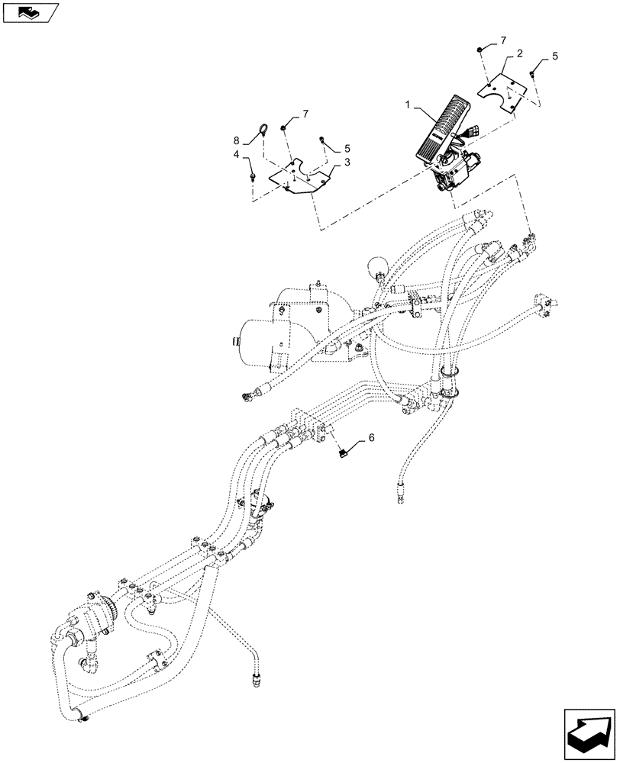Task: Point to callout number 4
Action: (237, 154)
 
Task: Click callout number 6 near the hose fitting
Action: (371, 438)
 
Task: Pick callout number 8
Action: (237, 140)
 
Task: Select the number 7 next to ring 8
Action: (305, 114)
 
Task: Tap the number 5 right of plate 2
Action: (555, 56)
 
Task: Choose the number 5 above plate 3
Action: (347, 148)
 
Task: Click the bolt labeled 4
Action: (251, 176)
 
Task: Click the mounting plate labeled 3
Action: (301, 178)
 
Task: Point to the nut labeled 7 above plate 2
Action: (478, 50)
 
